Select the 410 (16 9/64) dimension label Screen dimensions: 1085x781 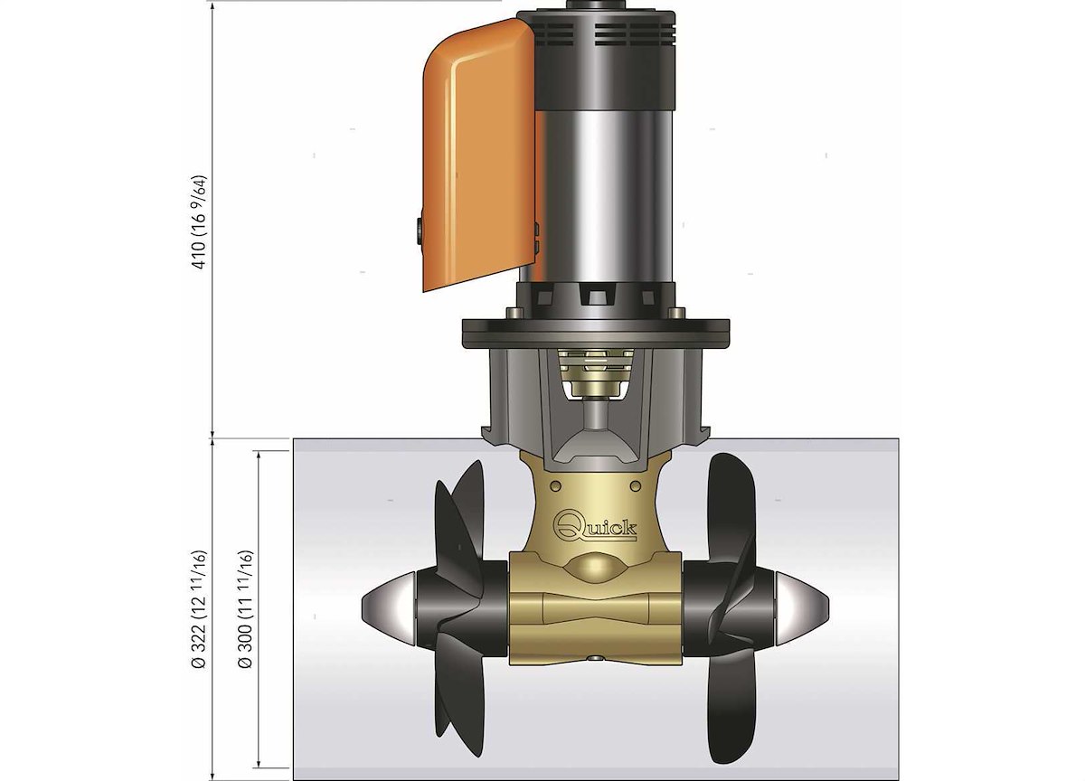tap(199, 222)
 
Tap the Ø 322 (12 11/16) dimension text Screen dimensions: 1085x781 tap(199, 609)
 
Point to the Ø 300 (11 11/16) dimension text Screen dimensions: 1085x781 tap(246, 609)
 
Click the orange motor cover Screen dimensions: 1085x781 tap(477, 155)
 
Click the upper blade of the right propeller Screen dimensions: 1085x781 tap(731, 508)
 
